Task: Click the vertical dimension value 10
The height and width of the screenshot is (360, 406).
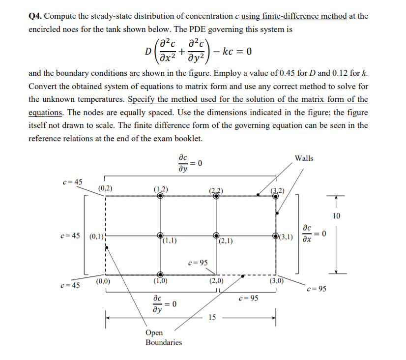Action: click(336, 216)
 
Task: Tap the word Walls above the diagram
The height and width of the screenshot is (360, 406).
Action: click(304, 158)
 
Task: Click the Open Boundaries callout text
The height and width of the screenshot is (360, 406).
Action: click(164, 337)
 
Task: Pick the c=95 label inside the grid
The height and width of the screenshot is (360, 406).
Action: click(197, 263)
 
